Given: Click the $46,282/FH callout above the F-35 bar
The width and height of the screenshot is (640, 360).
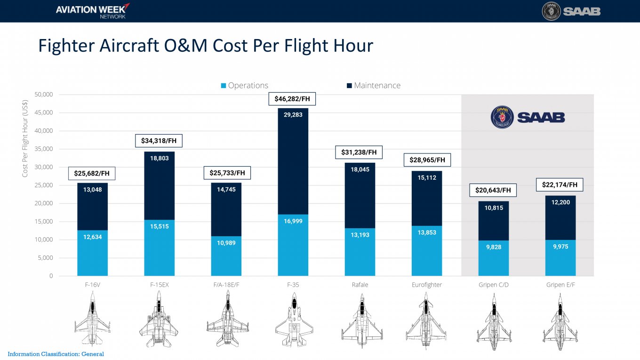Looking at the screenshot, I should click(x=293, y=99).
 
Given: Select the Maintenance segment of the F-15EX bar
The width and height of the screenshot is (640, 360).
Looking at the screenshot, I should click(x=159, y=188).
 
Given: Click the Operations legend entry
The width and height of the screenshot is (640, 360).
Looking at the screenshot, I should click(x=244, y=86).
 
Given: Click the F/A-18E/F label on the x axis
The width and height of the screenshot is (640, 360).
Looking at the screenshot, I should click(x=226, y=285).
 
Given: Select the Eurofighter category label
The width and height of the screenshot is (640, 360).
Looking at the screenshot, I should click(x=426, y=285).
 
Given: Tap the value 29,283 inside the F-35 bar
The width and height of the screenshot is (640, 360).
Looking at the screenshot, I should click(x=293, y=115).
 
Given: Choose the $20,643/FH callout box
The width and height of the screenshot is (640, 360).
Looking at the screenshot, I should click(x=493, y=190).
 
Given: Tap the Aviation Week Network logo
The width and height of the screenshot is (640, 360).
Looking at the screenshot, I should click(x=92, y=11).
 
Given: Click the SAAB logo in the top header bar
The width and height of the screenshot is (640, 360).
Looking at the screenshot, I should click(x=571, y=11).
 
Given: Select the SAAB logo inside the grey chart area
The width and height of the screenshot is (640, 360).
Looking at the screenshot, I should click(x=528, y=118).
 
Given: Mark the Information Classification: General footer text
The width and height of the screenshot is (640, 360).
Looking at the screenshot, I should click(x=56, y=354).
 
